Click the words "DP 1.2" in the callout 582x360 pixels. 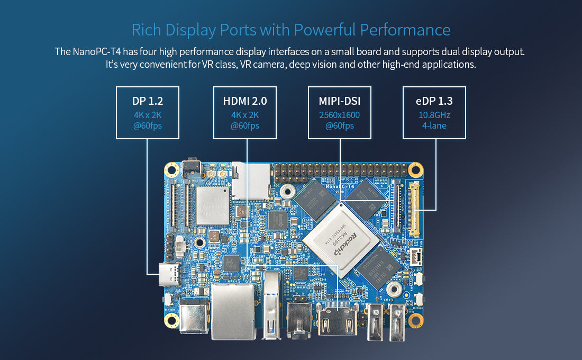(x=148, y=101)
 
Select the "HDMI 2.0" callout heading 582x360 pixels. (x=244, y=101)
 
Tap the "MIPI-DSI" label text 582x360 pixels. (x=339, y=101)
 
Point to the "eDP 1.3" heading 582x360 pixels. (x=434, y=101)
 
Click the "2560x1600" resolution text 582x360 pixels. (x=339, y=115)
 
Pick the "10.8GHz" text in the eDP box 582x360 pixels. (x=434, y=115)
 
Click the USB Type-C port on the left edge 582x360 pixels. (x=168, y=275)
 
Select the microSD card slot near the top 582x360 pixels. (x=252, y=180)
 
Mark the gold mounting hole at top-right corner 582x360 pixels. (x=416, y=169)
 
